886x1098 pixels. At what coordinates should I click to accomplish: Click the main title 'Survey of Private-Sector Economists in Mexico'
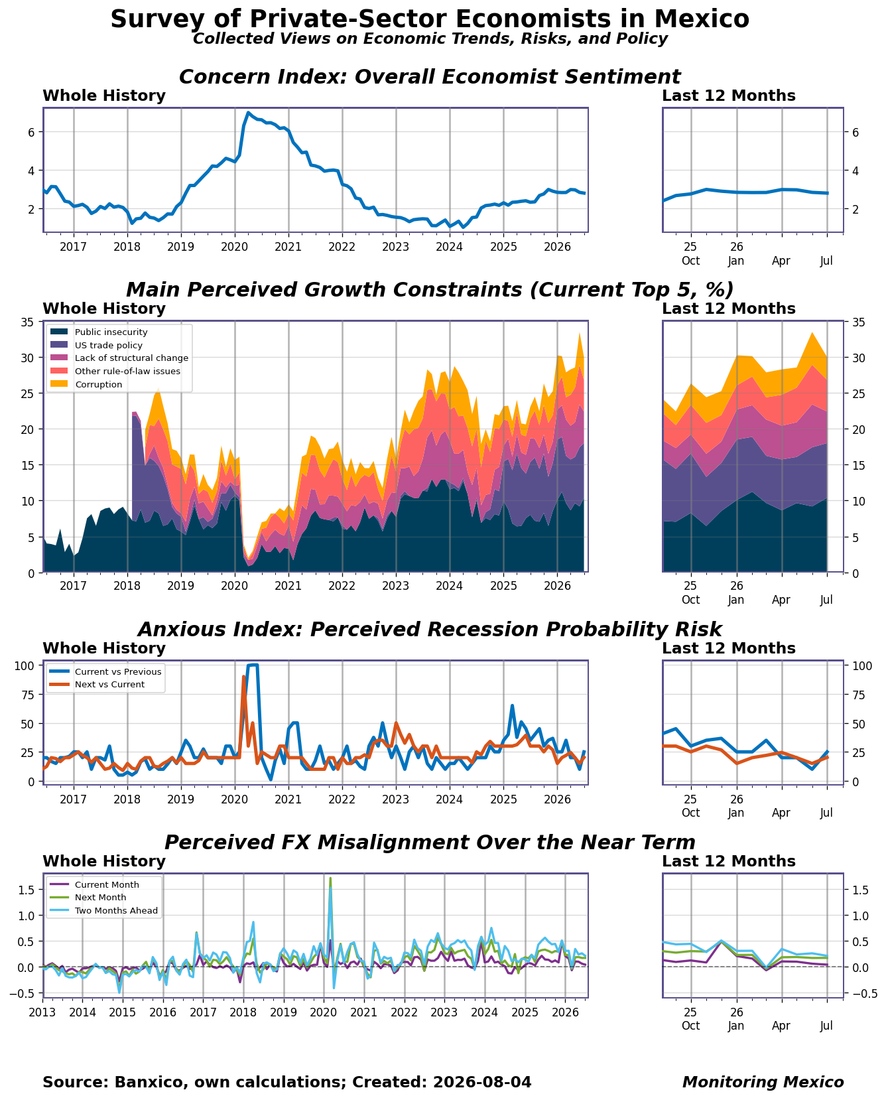click(x=430, y=19)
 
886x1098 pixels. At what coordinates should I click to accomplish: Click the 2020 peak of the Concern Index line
click(x=248, y=112)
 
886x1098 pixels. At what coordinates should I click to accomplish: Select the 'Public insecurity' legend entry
click(x=99, y=332)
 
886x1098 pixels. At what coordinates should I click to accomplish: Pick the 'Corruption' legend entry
click(x=86, y=384)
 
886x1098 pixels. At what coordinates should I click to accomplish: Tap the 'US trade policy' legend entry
click(x=96, y=345)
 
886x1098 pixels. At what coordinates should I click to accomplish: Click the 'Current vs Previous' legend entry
click(x=105, y=671)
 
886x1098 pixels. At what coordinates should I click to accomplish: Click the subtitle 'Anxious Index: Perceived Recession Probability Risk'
click(x=430, y=630)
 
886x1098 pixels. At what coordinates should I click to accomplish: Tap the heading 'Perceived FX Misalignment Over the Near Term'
click(x=430, y=843)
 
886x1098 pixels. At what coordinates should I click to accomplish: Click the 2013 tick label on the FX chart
click(x=42, y=1012)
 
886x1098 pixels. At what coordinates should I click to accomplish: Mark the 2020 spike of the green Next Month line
click(x=330, y=878)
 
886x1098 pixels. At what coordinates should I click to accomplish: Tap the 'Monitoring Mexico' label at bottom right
click(x=763, y=1082)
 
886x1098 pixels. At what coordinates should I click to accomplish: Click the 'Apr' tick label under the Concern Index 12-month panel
click(x=781, y=261)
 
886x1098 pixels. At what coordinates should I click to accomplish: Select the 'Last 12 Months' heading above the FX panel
click(x=729, y=861)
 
